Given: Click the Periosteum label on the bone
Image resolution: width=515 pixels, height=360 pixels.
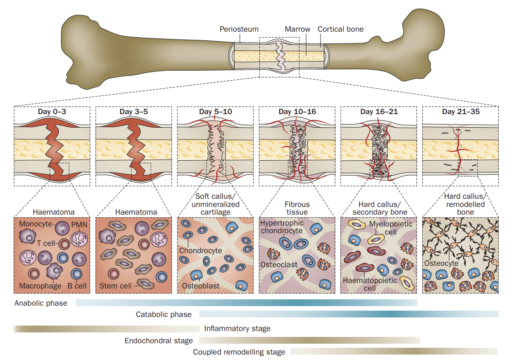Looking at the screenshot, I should click(x=239, y=29).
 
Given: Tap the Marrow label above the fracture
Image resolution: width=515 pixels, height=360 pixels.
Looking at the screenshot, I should click(x=297, y=29).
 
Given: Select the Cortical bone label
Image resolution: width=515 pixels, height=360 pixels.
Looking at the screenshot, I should click(x=340, y=29).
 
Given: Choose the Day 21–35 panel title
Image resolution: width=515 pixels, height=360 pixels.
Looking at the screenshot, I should click(x=461, y=111).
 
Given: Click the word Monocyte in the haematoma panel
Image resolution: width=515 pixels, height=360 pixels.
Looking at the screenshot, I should click(x=36, y=224).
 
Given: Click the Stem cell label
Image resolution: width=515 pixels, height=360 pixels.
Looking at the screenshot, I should click(x=116, y=286).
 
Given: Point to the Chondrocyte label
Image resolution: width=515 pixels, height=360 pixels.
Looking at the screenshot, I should click(x=200, y=250).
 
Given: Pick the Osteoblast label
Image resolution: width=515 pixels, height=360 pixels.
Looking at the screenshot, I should click(x=200, y=286).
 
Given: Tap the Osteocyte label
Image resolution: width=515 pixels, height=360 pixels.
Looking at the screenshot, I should click(x=441, y=264).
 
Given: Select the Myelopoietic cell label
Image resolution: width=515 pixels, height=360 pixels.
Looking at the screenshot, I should click(x=386, y=228).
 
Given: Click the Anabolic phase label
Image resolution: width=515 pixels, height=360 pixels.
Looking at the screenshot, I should click(x=41, y=303).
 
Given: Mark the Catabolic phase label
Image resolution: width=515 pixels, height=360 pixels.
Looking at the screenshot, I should click(x=163, y=314).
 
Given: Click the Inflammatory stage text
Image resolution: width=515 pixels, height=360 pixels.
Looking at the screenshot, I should click(x=237, y=329).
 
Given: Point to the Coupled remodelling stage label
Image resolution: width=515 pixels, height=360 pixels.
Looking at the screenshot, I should click(x=239, y=352).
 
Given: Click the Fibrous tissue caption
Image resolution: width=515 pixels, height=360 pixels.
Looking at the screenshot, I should click(x=297, y=209).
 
